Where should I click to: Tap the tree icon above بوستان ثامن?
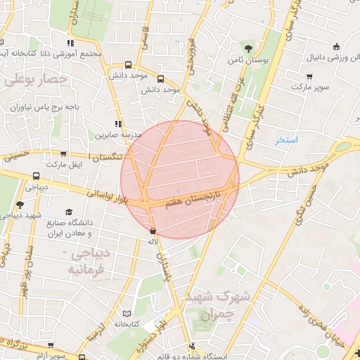248,48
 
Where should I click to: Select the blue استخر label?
287,140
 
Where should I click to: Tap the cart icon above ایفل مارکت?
64,154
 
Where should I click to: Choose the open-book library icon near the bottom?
127,313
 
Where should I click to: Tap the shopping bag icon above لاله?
153,231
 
